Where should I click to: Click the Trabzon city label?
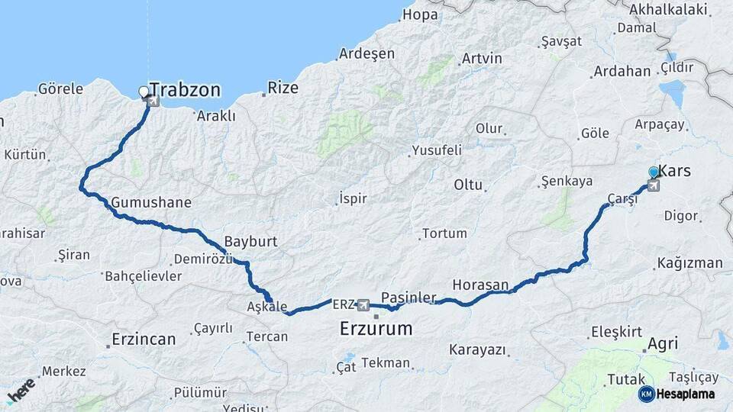(185, 90)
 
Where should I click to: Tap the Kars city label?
(674, 171)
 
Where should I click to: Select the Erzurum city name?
(376, 330)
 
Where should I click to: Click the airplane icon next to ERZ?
(363, 305)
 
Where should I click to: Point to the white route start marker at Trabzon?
(144, 92)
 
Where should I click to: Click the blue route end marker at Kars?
(654, 173)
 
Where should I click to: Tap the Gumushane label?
(151, 203)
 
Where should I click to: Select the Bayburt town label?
(250, 241)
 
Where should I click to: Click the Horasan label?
(480, 285)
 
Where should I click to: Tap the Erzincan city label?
(144, 339)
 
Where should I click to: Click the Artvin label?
(482, 58)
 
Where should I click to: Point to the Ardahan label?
(622, 71)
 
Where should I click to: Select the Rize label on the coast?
(283, 88)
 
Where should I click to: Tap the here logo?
(21, 390)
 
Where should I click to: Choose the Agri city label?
(661, 344)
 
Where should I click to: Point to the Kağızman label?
(689, 263)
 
